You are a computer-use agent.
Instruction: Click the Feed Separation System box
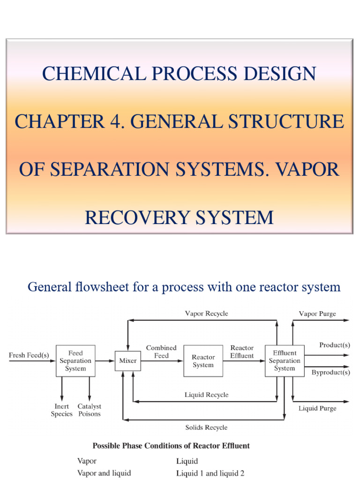[75, 361]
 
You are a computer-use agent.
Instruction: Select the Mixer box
[128, 361]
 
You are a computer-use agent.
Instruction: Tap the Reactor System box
[203, 361]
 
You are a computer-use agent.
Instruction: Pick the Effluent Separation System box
[285, 361]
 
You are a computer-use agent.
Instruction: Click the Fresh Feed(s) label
[29, 355]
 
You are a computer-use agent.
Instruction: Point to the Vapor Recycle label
[207, 314]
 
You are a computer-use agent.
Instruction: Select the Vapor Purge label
[317, 314]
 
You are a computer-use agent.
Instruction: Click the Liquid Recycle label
[207, 395]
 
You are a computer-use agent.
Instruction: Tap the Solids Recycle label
[207, 427]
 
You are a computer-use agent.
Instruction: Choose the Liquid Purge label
[317, 408]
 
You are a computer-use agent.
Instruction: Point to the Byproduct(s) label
[331, 372]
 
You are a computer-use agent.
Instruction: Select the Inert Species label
[62, 410]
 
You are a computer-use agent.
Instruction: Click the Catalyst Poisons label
[90, 410]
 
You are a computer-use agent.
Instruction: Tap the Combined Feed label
[161, 352]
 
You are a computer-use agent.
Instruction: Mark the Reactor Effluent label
[242, 352]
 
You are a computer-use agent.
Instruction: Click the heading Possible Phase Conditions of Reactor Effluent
[171, 446]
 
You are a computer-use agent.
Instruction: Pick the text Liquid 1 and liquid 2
[210, 473]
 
